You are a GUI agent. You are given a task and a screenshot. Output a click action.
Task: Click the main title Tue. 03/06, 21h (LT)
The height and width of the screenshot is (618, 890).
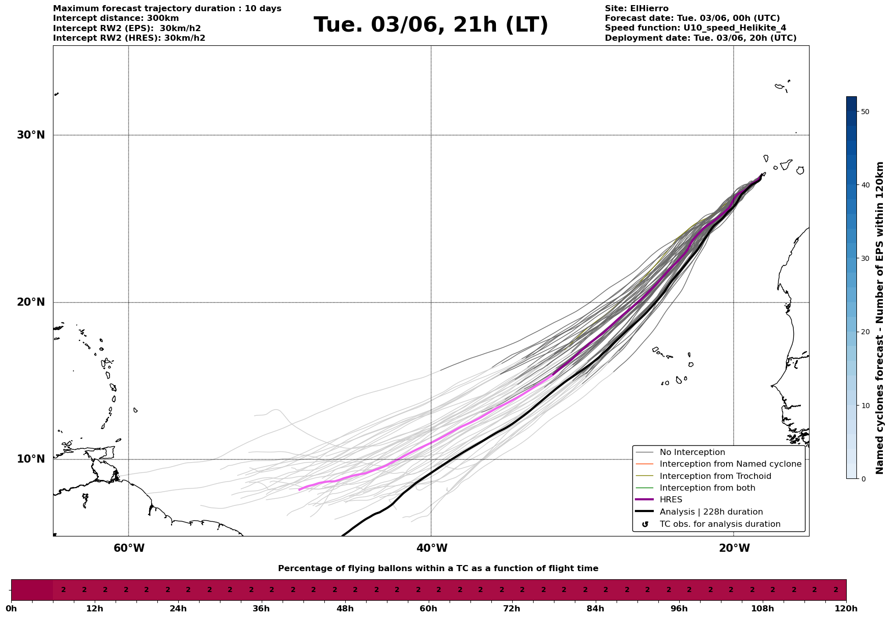click(x=431, y=25)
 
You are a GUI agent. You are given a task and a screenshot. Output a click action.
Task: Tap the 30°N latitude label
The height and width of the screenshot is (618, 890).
click(x=31, y=135)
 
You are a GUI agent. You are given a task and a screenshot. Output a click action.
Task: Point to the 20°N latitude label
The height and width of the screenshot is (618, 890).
click(x=31, y=302)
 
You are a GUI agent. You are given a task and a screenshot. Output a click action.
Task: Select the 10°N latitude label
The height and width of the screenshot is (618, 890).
click(x=31, y=459)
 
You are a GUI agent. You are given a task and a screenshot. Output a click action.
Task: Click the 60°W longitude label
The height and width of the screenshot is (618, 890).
click(x=129, y=548)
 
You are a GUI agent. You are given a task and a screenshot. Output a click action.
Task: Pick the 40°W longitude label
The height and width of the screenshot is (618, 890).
click(x=432, y=548)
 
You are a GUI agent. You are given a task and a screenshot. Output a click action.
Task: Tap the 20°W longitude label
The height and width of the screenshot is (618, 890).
click(x=734, y=548)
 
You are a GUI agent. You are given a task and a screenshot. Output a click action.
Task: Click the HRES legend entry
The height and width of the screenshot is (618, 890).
click(x=671, y=500)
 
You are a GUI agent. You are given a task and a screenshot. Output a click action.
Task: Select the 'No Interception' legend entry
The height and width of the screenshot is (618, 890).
click(x=692, y=452)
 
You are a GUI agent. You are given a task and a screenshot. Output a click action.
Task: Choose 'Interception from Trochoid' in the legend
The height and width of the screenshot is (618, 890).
click(x=715, y=476)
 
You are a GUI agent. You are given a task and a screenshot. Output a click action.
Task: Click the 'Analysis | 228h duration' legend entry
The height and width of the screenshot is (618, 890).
click(x=711, y=512)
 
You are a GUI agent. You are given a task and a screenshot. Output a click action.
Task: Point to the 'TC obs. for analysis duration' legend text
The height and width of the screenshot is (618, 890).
click(x=719, y=524)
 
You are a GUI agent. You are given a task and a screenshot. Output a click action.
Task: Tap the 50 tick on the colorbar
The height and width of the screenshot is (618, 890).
click(x=865, y=112)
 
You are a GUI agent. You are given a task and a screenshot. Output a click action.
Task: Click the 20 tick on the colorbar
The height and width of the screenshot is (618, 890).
click(x=865, y=332)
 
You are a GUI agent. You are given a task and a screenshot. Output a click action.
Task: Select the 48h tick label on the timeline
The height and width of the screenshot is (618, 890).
click(x=345, y=609)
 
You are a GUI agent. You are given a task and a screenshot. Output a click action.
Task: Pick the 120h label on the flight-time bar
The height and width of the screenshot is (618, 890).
click(x=846, y=609)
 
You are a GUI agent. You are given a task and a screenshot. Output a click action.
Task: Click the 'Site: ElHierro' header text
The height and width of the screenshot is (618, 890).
click(x=636, y=9)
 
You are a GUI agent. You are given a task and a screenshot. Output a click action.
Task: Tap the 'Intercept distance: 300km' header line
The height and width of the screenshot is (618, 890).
click(x=116, y=18)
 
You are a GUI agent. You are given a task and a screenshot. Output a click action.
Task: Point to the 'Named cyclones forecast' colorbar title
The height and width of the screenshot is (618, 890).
click(x=880, y=318)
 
